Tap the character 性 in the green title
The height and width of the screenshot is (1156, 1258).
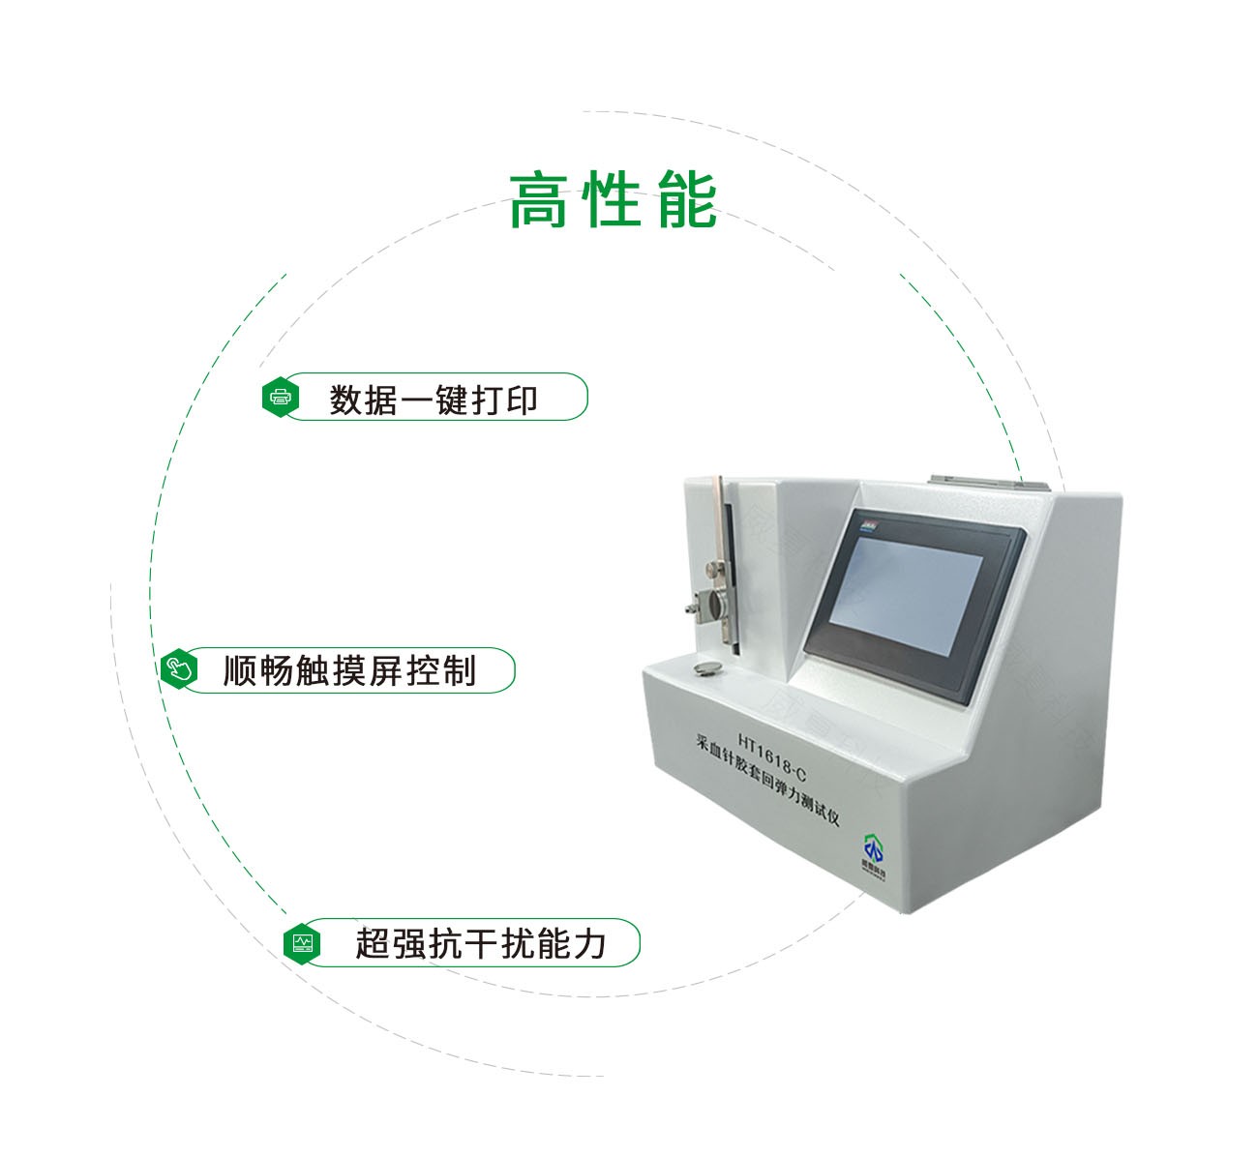point(614,201)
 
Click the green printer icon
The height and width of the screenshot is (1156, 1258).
point(281,397)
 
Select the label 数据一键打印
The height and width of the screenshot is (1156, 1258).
point(434,399)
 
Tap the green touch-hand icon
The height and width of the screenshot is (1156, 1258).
point(178,669)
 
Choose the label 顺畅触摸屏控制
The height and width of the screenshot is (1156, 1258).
point(349,669)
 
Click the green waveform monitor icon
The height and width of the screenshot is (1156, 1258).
point(303,942)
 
